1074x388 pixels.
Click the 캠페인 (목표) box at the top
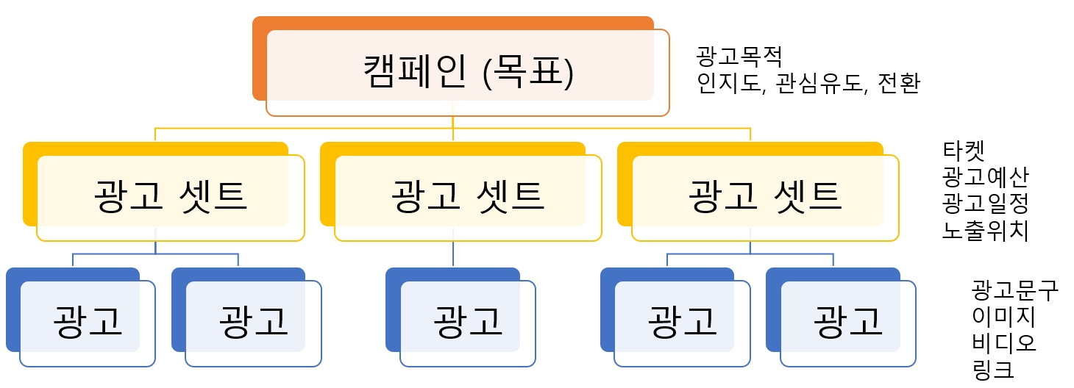pos(468,72)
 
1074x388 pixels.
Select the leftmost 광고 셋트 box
pos(170,197)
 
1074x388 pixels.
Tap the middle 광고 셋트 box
pos(468,197)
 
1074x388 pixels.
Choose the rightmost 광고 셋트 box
pos(765,197)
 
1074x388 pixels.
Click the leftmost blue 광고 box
pos(88,322)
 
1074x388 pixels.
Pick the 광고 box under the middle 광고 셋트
pos(468,322)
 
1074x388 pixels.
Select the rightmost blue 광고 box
pos(848,322)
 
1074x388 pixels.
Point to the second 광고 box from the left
pos(254,322)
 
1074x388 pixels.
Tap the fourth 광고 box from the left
pos(683,322)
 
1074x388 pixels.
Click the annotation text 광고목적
pos(739,56)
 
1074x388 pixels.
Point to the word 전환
pos(899,82)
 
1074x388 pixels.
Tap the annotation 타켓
pos(964,151)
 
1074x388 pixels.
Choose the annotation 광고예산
pos(985,177)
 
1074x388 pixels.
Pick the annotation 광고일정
pos(985,204)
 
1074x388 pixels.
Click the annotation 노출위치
pos(985,230)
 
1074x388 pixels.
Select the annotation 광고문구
pos(1014,290)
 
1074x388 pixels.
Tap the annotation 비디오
pos(1004,342)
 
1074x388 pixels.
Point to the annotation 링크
pos(993,369)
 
